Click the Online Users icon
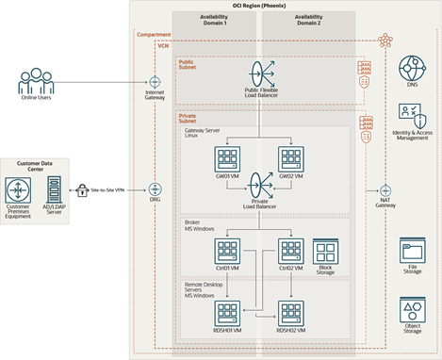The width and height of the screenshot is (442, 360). (37, 79)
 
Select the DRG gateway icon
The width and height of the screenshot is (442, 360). (155, 188)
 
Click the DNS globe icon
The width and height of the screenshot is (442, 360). (412, 68)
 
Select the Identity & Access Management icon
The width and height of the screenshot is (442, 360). (412, 119)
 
